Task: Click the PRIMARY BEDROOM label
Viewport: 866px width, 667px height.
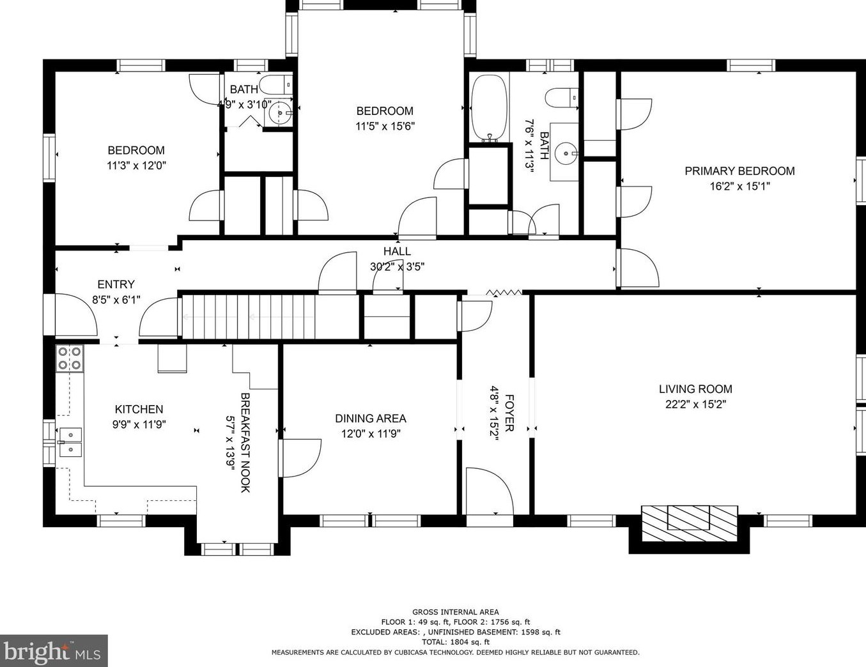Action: click(x=739, y=171)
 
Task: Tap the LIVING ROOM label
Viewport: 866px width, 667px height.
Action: click(x=695, y=388)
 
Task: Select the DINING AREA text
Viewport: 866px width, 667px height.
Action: click(x=371, y=418)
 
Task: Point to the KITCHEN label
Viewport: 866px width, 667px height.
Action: click(x=139, y=409)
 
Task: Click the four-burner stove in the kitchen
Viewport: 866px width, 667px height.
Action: click(x=70, y=358)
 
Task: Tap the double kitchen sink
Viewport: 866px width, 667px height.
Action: click(x=70, y=442)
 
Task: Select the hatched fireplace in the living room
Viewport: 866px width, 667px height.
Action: click(x=690, y=523)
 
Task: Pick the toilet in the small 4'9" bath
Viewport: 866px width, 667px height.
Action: click(x=275, y=84)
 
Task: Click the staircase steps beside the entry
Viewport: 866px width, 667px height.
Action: click(x=249, y=317)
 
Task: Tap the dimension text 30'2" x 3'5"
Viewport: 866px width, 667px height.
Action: click(x=397, y=266)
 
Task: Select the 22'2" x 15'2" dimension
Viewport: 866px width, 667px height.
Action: click(x=695, y=404)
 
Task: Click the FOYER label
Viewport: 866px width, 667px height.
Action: click(x=509, y=413)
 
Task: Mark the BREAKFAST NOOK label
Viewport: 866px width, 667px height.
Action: click(x=245, y=443)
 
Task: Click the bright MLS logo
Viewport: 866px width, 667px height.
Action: click(x=53, y=650)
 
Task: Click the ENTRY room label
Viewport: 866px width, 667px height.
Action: click(x=116, y=284)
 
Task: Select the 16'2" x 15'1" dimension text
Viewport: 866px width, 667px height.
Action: click(x=739, y=187)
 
